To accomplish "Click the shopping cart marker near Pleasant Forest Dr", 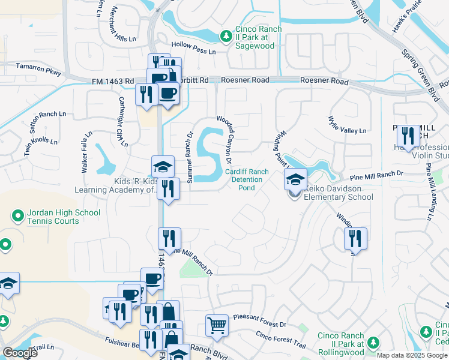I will tap(217, 326).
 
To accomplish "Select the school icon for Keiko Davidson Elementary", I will tap(295, 179).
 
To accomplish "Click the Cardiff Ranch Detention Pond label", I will tap(243, 179).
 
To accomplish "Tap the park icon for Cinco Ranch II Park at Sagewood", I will tap(226, 37).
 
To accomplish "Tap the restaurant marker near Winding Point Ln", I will tap(355, 238).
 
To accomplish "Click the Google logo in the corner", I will tap(19, 353).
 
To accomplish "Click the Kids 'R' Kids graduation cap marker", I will tap(163, 166).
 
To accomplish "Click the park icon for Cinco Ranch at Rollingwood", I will tap(373, 342).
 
